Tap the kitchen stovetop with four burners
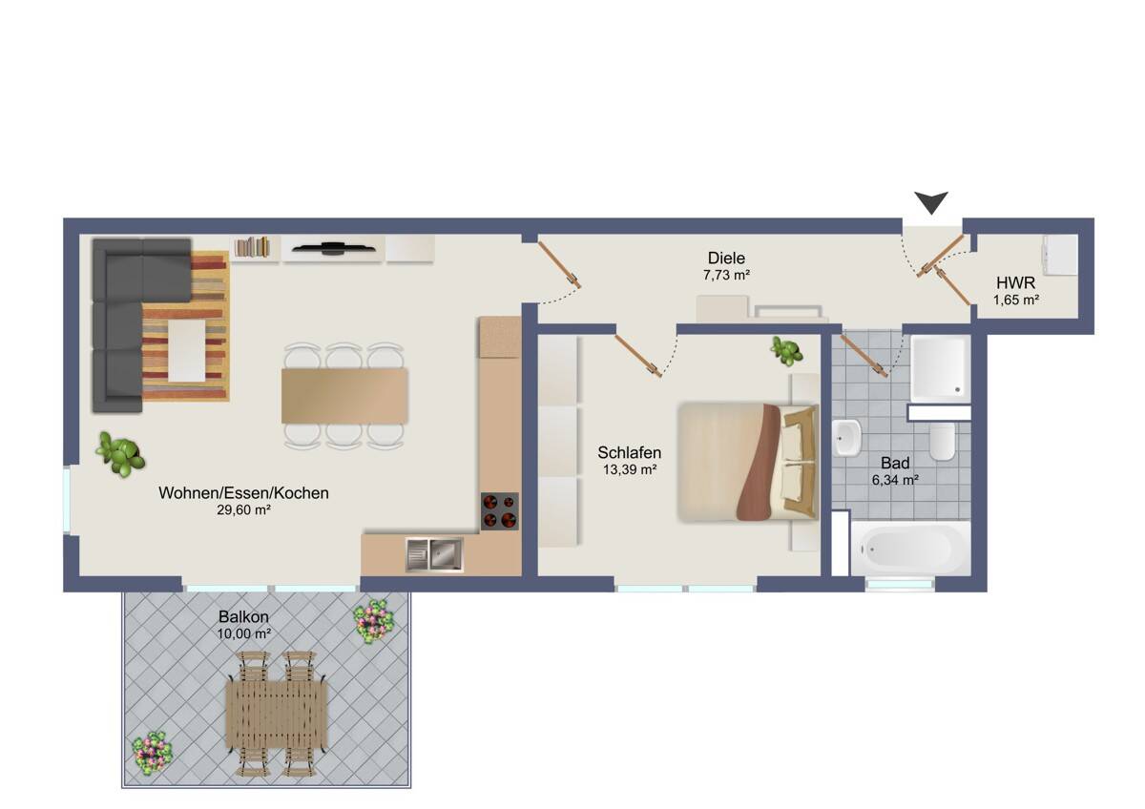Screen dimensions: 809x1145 pyautogui.click(x=499, y=510)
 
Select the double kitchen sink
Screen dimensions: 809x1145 pyautogui.click(x=433, y=554)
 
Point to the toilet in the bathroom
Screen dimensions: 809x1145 pyautogui.click(x=943, y=442)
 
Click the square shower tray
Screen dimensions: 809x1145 pyautogui.click(x=940, y=367)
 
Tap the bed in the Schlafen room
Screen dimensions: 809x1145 pyautogui.click(x=748, y=462)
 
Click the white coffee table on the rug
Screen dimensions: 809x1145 pyautogui.click(x=186, y=350)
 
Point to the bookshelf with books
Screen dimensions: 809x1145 pyautogui.click(x=254, y=248)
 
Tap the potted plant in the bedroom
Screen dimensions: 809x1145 pyautogui.click(x=786, y=351)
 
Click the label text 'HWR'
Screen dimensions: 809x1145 pyautogui.click(x=1016, y=283)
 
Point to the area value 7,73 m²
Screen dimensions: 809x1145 pyautogui.click(x=725, y=275)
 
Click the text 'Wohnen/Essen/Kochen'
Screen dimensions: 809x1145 pyautogui.click(x=243, y=493)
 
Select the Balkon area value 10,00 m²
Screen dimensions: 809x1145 pyautogui.click(x=243, y=633)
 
